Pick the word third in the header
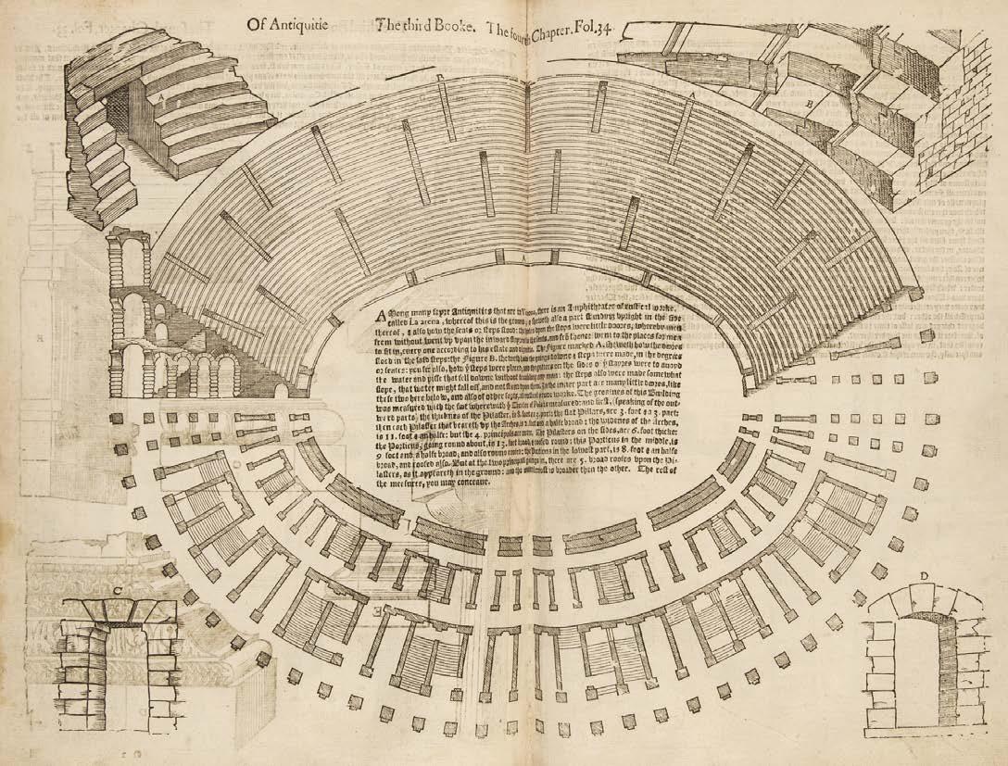(x=404, y=24)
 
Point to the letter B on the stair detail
(x=809, y=104)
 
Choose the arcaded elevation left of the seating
(x=148, y=324)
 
